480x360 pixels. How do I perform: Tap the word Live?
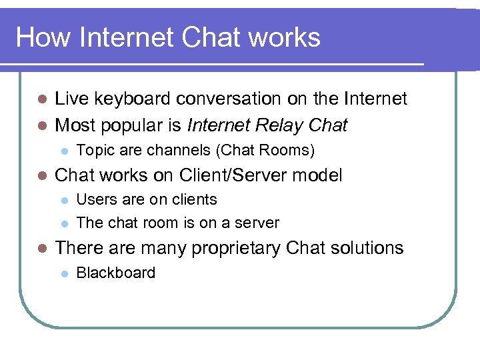tap(71, 99)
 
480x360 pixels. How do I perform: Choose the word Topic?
tap(95, 150)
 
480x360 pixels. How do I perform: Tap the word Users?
tap(95, 200)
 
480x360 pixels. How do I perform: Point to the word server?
tap(257, 223)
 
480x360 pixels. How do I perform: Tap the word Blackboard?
tap(116, 273)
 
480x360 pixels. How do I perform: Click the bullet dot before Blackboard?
tap(64, 273)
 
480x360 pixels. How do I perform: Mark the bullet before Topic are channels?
tap(64, 151)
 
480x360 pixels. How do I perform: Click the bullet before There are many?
tap(42, 249)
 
